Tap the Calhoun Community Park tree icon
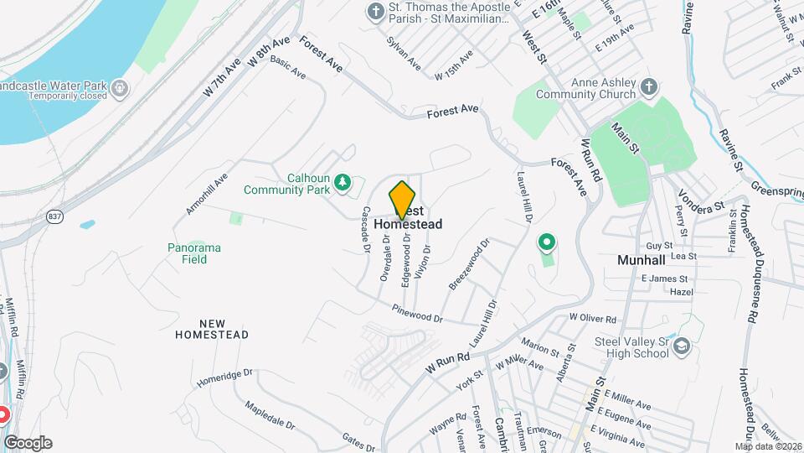(342, 182)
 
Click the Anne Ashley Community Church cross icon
(649, 86)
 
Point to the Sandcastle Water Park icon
(121, 86)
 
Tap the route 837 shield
(54, 216)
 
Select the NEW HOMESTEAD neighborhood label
(212, 329)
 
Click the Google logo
(28, 442)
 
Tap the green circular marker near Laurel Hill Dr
(547, 243)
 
